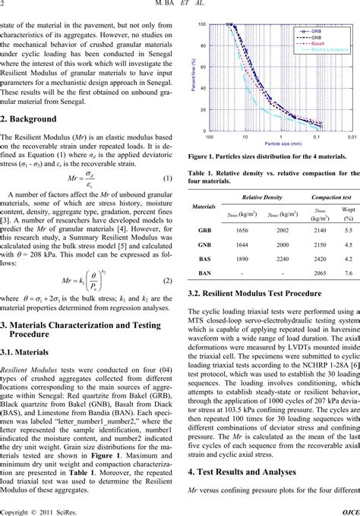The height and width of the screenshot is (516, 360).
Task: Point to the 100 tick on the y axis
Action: tap(202, 25)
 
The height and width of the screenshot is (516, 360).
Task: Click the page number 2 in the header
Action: tap(3, 6)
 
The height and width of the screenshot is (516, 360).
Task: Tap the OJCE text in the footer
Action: tap(350, 510)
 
